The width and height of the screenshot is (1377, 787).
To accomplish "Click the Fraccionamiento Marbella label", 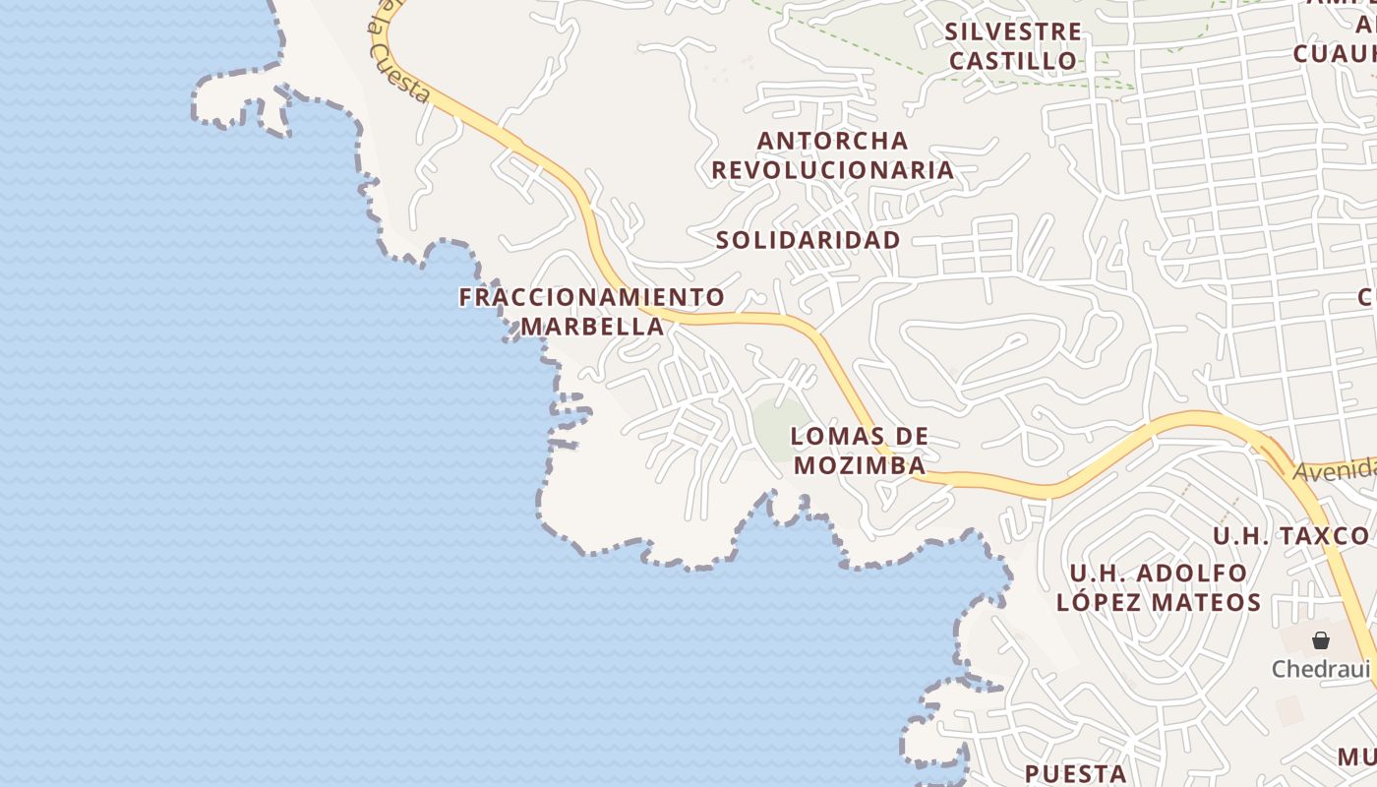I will [591, 311].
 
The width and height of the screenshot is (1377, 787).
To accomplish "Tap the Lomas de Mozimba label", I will [860, 451].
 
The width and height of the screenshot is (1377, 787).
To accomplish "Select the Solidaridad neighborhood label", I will [808, 239].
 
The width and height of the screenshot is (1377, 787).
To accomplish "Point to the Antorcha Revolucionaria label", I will [832, 154].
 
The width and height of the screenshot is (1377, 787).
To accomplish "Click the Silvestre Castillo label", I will [1013, 45].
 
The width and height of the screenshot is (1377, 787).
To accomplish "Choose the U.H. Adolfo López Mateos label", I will [1159, 587].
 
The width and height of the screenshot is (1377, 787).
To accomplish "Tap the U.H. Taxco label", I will [1290, 536].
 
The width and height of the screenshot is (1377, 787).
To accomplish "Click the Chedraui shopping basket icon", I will [1320, 640].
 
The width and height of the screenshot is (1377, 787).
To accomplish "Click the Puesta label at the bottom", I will [1075, 773].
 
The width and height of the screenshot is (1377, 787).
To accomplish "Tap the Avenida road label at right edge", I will [1334, 470].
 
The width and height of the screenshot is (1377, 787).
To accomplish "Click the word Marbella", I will [592, 327].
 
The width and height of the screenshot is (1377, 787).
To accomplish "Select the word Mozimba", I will [860, 465].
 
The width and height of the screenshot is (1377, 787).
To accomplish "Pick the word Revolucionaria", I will [832, 170].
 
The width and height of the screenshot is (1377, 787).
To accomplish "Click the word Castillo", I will [1013, 60].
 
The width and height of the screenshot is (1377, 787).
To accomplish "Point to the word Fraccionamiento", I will [591, 296].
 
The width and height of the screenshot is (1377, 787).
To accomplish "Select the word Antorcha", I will [832, 140].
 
